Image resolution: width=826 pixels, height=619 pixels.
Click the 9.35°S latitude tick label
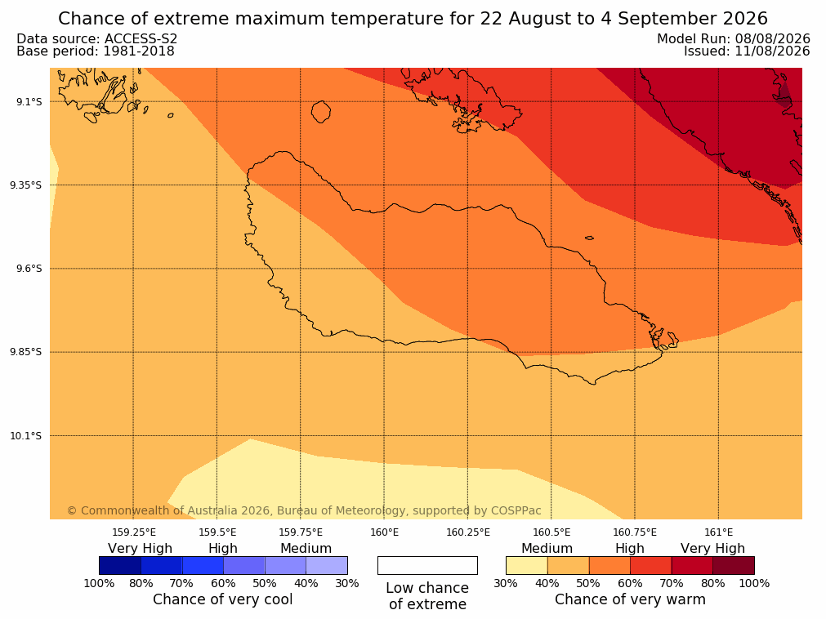[25, 185]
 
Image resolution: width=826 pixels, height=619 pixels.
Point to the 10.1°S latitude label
[25, 436]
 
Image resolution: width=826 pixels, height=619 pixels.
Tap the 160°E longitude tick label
[384, 532]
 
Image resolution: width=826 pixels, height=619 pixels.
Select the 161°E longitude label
[718, 532]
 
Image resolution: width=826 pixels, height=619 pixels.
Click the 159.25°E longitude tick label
[134, 532]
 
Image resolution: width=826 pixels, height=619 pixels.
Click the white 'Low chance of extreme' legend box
[427, 565]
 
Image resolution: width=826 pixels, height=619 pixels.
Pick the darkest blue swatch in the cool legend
[120, 565]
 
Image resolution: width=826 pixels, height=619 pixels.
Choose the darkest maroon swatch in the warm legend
[734, 565]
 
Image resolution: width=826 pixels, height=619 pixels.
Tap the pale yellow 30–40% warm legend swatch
[527, 565]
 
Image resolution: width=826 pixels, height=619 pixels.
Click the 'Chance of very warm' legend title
[630, 599]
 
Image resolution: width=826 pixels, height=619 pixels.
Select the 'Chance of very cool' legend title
[223, 599]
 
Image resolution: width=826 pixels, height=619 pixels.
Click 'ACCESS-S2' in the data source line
[141, 39]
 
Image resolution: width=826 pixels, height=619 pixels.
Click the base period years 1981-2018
[139, 51]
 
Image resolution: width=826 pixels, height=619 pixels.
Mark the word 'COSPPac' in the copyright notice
[516, 510]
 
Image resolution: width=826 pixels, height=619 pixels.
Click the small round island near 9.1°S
[321, 112]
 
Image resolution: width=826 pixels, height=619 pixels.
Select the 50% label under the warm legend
[588, 583]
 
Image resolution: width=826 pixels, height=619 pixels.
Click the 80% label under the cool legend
[141, 583]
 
